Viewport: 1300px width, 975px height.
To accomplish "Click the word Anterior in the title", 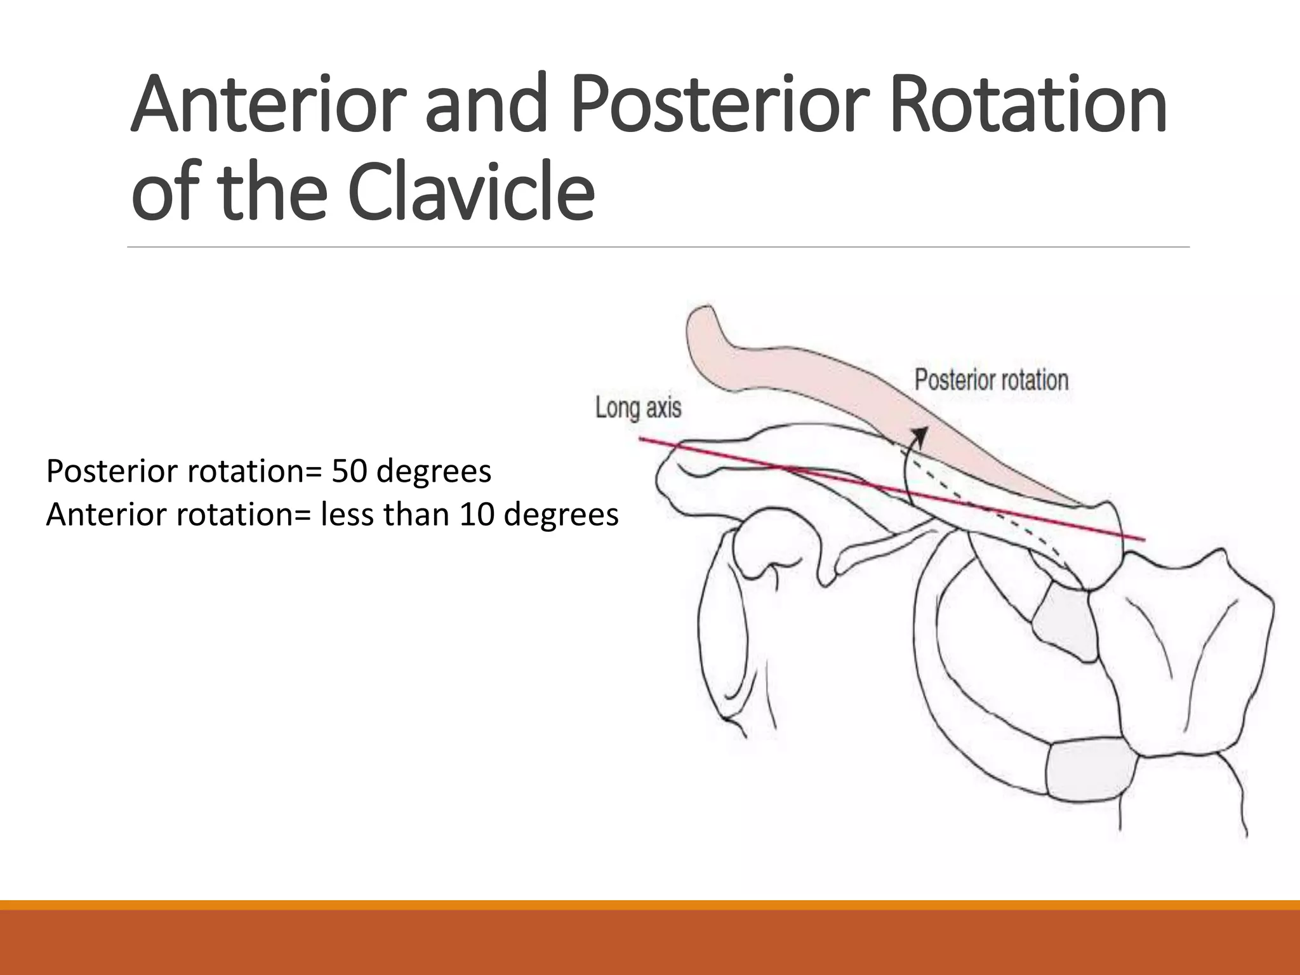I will click(x=268, y=104).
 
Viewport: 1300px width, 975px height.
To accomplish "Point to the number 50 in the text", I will click(x=348, y=472).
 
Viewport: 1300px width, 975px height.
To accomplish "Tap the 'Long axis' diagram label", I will click(x=638, y=408).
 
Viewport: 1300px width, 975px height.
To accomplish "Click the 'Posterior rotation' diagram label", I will click(x=991, y=380).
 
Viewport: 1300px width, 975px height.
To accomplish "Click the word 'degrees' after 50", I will click(x=434, y=472).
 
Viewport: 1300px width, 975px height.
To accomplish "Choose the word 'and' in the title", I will click(x=486, y=104).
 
